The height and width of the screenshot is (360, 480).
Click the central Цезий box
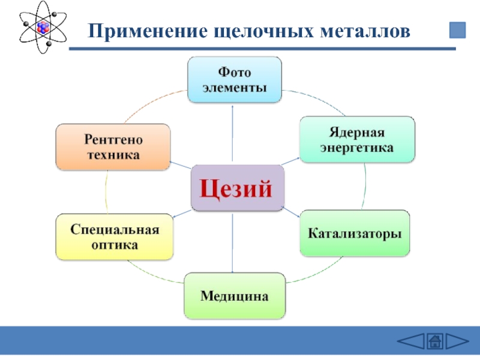(x=236, y=188)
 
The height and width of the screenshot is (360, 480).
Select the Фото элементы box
(x=234, y=79)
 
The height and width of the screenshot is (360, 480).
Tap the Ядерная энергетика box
(x=356, y=139)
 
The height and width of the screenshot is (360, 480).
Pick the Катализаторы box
(x=355, y=233)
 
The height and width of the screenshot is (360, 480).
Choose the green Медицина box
(x=235, y=296)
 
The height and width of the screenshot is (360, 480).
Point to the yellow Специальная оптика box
(x=114, y=237)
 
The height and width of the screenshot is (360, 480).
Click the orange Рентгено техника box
(x=113, y=147)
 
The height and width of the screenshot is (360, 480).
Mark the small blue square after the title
(x=457, y=30)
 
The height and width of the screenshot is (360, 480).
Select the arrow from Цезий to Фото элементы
(x=232, y=132)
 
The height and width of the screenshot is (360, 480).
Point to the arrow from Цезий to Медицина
(x=232, y=242)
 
